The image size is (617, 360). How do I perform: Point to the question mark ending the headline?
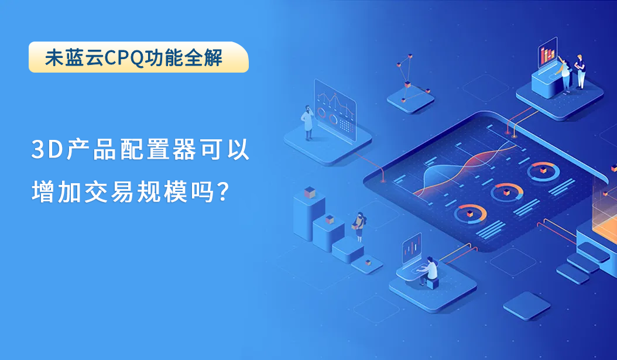[222, 192]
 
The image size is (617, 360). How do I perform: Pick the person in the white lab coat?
[307, 122]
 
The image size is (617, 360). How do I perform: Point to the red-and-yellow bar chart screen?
[548, 53]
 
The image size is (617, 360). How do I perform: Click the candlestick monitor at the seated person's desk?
[412, 248]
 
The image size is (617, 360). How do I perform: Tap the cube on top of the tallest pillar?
[310, 193]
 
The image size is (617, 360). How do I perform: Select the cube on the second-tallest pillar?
[330, 219]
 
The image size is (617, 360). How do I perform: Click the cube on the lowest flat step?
[368, 262]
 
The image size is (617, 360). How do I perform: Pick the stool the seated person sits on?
[433, 283]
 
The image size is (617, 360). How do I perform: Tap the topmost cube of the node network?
[410, 57]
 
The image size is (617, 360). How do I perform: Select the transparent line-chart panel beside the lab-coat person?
[335, 109]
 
